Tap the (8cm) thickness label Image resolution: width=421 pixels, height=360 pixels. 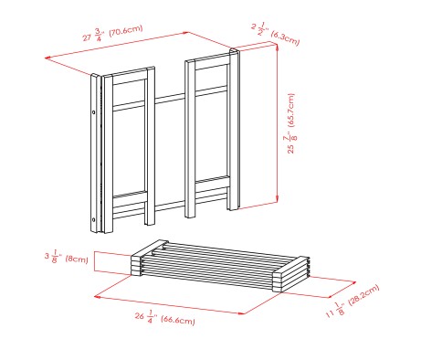[76, 259]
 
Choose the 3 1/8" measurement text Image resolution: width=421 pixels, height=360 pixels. [53, 259]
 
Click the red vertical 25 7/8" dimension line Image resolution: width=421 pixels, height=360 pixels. [277, 128]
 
